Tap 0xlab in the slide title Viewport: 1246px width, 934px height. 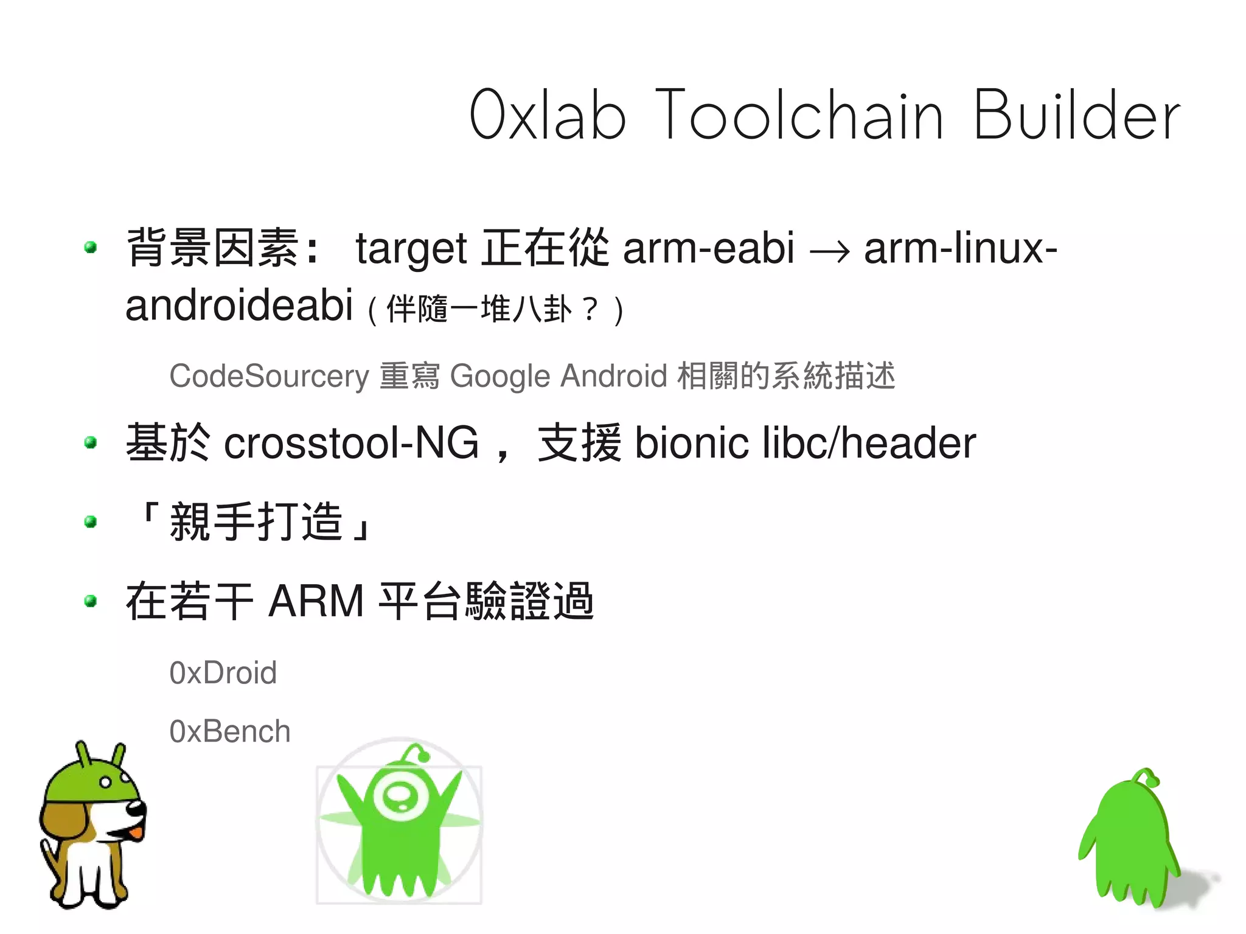click(547, 115)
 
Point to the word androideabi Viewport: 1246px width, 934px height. click(238, 305)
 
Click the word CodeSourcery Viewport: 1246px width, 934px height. click(269, 376)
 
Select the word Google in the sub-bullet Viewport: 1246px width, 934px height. click(500, 376)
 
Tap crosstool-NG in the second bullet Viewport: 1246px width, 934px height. click(351, 443)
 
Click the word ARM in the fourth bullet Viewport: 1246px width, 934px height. click(316, 601)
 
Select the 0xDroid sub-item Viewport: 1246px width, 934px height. click(223, 673)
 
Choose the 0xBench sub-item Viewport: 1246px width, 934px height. click(229, 731)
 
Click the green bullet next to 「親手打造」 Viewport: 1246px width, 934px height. click(91, 521)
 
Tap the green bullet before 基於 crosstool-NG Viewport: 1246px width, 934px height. click(91, 442)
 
